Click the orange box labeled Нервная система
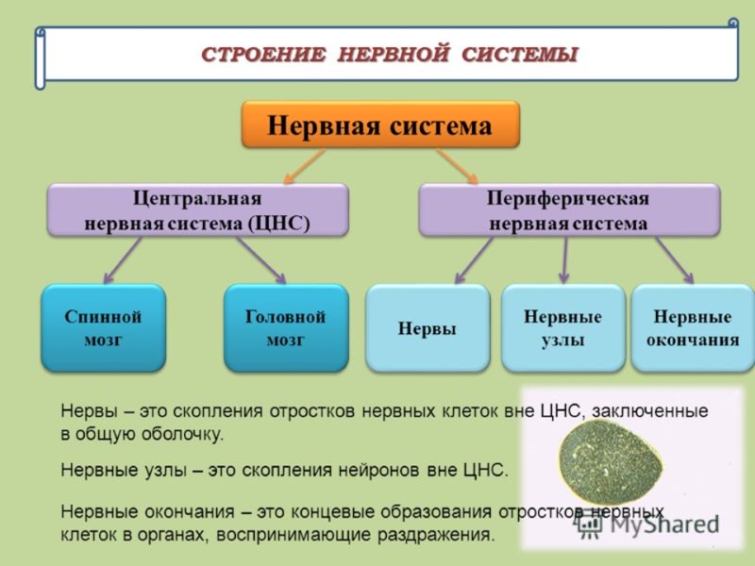(380, 125)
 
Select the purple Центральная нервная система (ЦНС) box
(197, 210)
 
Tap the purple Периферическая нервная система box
(567, 210)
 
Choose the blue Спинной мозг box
(103, 327)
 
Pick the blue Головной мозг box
(285, 327)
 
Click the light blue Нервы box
(427, 328)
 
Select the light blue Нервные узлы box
(562, 327)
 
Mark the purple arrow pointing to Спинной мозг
(122, 260)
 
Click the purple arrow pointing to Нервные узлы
(564, 259)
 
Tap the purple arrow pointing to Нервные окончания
(675, 258)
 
